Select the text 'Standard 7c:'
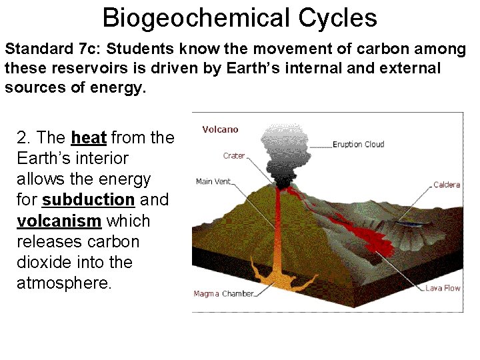tap(45, 49)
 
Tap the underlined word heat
tap(89, 138)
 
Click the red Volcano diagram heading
tap(220, 129)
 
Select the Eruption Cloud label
tap(358, 144)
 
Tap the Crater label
tap(234, 156)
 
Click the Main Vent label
tap(213, 181)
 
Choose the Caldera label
tap(446, 185)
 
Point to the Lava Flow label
tap(443, 288)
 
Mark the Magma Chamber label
tap(223, 293)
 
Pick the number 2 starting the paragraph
tap(21, 138)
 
